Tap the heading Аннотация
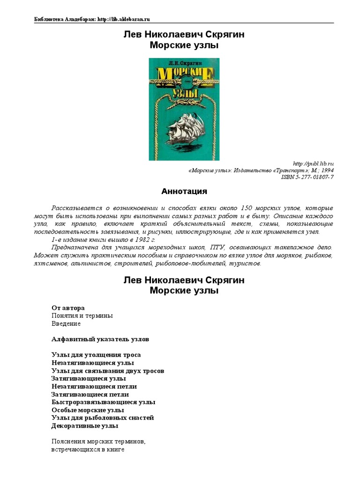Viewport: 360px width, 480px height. tap(184, 191)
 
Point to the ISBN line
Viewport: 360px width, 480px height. tap(307, 177)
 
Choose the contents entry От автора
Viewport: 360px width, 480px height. tap(68, 308)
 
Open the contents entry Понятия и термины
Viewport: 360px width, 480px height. tap(82, 316)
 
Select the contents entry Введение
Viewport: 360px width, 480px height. tap(66, 323)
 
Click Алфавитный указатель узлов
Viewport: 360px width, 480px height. tap(100, 339)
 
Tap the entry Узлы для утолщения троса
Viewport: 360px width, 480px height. tap(96, 355)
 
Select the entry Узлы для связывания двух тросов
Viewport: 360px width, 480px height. tap(108, 371)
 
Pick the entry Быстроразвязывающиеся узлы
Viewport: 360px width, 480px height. tap(103, 402)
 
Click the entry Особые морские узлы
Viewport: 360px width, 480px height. tap(88, 410)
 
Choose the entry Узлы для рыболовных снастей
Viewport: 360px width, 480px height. tap(103, 418)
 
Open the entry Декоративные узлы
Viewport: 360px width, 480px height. tap(85, 426)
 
